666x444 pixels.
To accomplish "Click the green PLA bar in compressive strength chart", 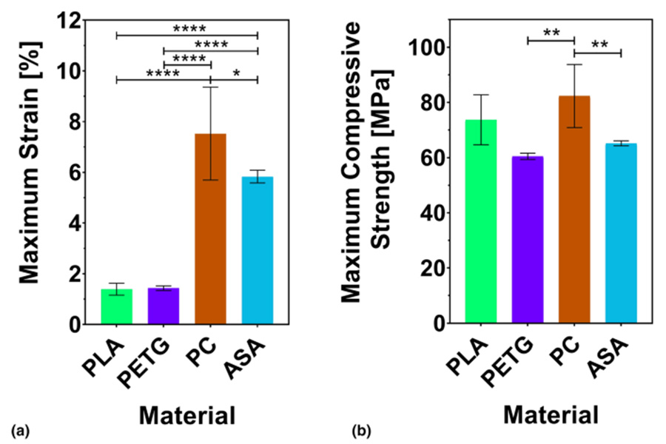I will tap(481, 221).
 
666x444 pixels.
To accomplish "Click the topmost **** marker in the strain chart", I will tap(189, 29).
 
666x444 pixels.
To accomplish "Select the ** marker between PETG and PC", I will tap(551, 33).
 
